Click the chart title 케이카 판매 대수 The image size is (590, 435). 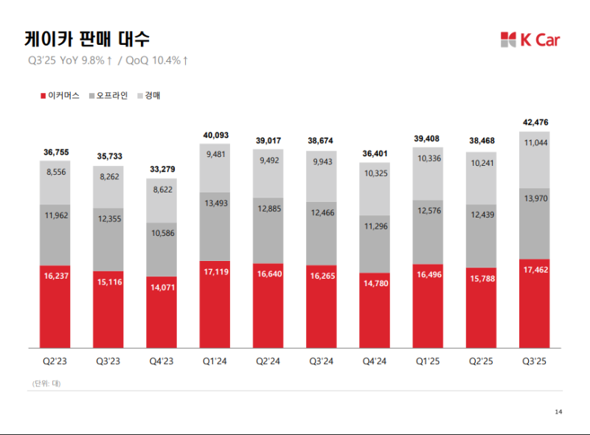pos(81,38)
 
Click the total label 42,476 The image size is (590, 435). pos(535,122)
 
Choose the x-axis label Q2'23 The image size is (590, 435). pos(55,361)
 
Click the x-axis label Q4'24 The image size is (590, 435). pos(375,361)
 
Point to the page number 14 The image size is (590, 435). pos(558,411)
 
